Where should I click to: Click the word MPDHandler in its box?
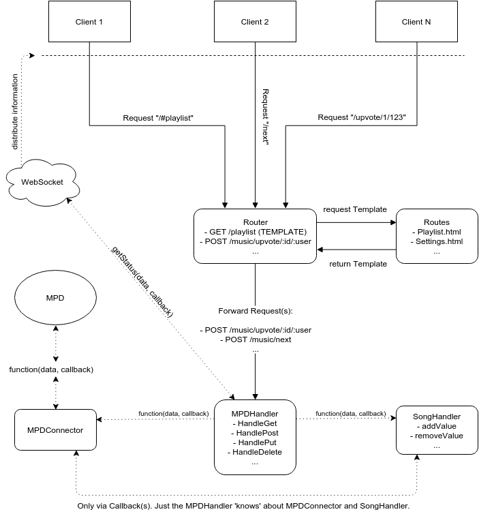[255, 414]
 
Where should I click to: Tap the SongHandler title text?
[437, 417]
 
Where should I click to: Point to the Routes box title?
[437, 222]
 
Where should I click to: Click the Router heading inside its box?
[256, 222]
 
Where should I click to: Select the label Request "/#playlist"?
[158, 118]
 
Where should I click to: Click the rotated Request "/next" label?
[265, 116]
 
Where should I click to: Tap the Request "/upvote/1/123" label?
[362, 117]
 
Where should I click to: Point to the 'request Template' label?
[355, 209]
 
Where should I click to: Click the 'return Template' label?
[358, 264]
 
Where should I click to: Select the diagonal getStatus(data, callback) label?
[142, 282]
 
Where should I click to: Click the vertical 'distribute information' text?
[15, 112]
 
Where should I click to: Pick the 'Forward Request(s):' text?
[256, 311]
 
